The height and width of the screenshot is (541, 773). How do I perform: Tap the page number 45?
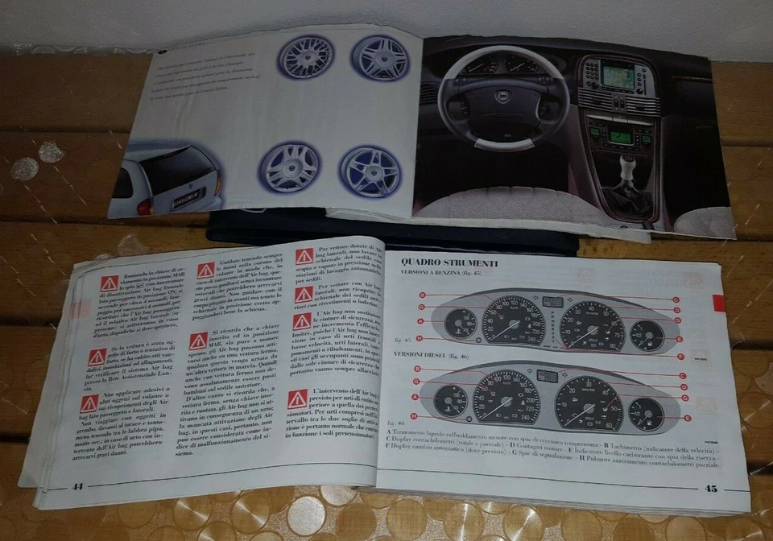pos(710,487)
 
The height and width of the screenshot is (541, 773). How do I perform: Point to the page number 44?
pos(78,486)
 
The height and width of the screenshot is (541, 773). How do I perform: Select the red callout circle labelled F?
pos(681,356)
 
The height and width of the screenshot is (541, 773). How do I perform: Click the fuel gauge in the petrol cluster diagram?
pos(646,333)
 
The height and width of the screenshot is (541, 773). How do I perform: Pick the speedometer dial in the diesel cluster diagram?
pos(506,397)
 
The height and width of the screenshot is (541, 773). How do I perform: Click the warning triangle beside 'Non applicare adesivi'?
pos(89,403)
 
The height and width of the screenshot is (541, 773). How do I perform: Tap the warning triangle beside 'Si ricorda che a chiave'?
pos(198,341)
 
